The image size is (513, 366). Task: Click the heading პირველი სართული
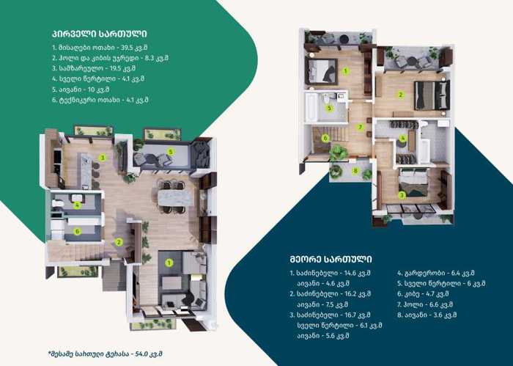coord(100,34)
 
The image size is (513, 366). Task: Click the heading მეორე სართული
coord(331,260)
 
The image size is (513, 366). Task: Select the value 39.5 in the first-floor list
coord(128,48)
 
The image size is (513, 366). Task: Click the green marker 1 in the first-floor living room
coord(169,263)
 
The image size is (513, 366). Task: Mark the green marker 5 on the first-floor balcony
coord(171,152)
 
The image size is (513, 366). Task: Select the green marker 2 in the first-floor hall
coord(119,242)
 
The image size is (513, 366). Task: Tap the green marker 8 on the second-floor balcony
coord(355,171)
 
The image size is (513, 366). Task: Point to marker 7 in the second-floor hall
coord(361,127)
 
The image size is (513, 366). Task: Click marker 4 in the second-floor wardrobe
coord(403,139)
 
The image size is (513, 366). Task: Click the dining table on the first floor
coord(171,197)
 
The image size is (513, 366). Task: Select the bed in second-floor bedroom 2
coord(432,95)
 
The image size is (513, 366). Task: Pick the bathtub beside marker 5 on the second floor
coord(311,107)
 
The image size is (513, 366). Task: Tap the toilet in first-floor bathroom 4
coord(58,204)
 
